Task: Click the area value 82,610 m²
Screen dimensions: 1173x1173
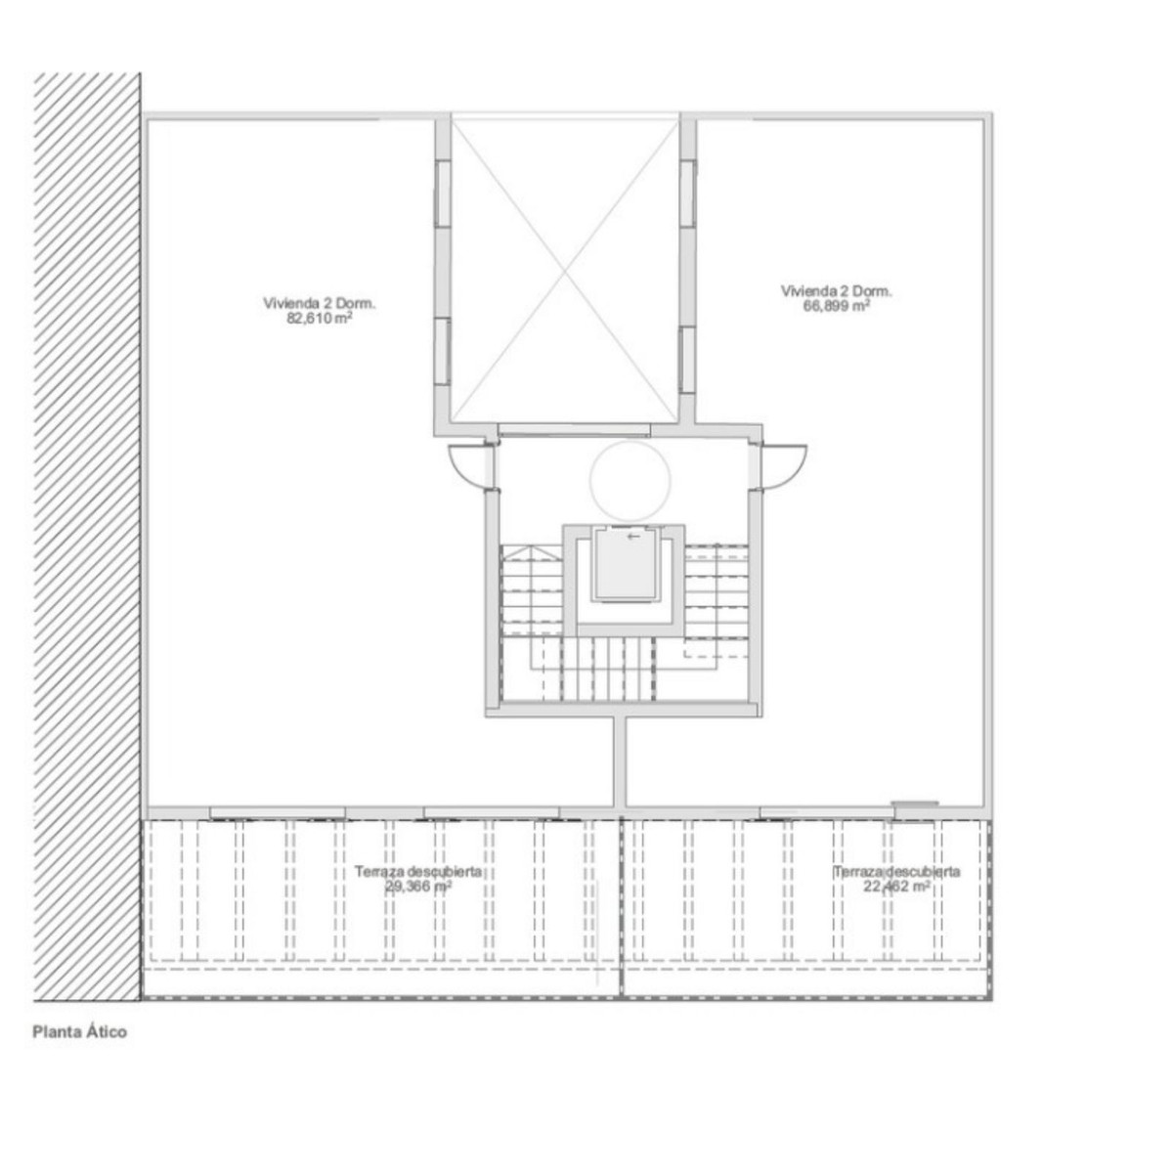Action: tap(320, 318)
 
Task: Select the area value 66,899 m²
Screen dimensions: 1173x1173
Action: tap(837, 305)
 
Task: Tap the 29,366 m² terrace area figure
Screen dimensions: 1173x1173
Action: tap(417, 887)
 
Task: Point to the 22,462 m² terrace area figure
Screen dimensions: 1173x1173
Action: tap(896, 887)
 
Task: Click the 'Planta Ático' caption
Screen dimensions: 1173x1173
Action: tap(80, 1031)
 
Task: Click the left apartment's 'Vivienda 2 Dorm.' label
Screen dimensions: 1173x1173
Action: tap(320, 303)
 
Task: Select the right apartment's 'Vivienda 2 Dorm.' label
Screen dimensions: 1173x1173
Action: tap(837, 290)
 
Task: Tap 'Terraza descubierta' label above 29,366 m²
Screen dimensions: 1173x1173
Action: tap(418, 872)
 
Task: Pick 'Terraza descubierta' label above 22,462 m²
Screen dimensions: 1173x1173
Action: tap(897, 872)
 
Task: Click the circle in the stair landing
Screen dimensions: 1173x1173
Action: tap(630, 480)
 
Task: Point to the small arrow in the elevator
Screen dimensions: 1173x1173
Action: tap(634, 536)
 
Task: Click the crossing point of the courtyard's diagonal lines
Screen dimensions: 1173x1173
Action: tap(564, 270)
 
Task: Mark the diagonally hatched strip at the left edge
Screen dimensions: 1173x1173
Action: tap(86, 538)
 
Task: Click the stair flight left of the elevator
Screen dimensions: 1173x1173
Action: tap(533, 596)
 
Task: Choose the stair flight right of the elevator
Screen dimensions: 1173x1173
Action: tap(716, 596)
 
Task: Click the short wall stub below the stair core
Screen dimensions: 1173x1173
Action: tap(620, 762)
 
